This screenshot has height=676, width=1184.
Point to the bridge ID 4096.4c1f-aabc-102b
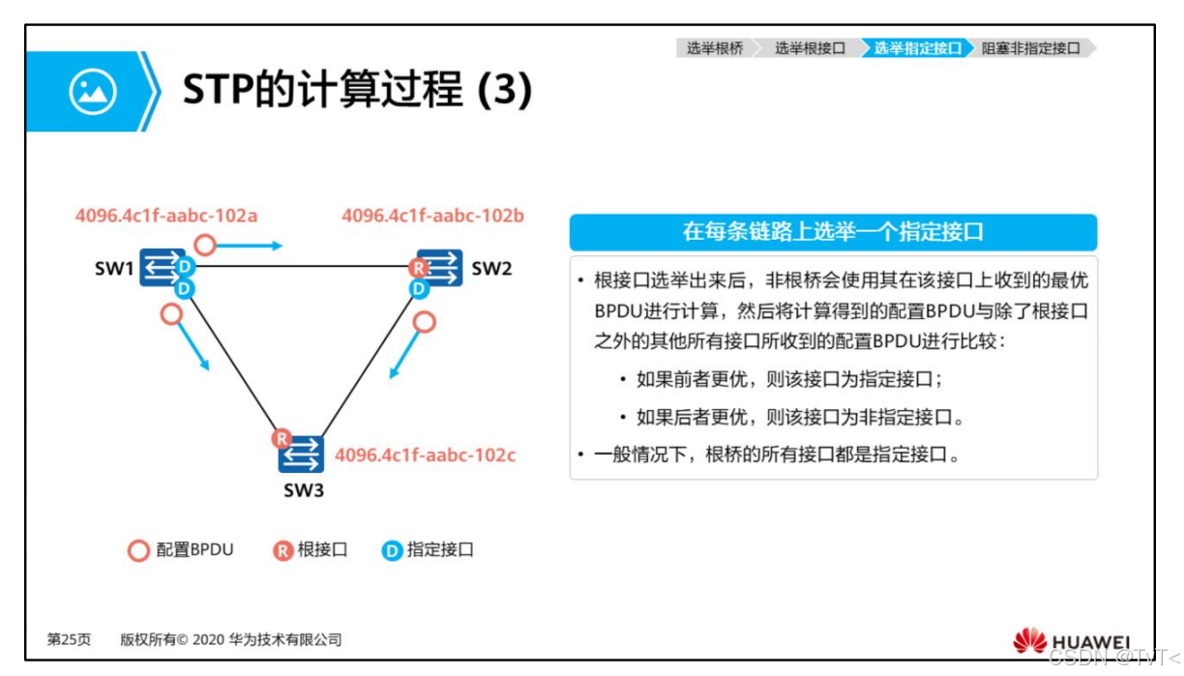click(432, 215)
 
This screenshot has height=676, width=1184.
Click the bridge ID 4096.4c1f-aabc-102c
click(425, 454)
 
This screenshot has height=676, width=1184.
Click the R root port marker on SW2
click(419, 268)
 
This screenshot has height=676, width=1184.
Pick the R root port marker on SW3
click(281, 439)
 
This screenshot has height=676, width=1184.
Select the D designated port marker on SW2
click(419, 288)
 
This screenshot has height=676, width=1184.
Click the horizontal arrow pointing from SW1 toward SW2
click(249, 246)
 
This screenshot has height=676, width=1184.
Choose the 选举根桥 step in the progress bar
click(715, 48)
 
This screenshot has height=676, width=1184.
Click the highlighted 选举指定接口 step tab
click(917, 48)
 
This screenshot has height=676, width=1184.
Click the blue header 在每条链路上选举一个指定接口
click(833, 232)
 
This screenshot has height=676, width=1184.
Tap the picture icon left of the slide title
click(93, 92)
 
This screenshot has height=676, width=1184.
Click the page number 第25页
click(69, 639)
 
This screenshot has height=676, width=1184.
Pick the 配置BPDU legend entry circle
click(138, 551)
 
